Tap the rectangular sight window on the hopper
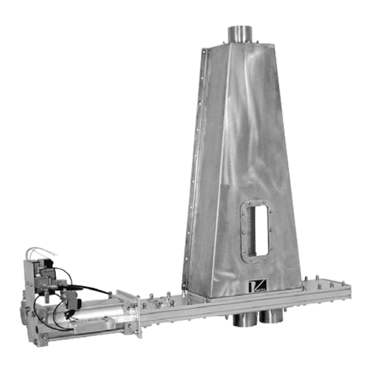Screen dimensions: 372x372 tap(257, 232)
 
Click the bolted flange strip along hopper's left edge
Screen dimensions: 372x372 tap(189, 171)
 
